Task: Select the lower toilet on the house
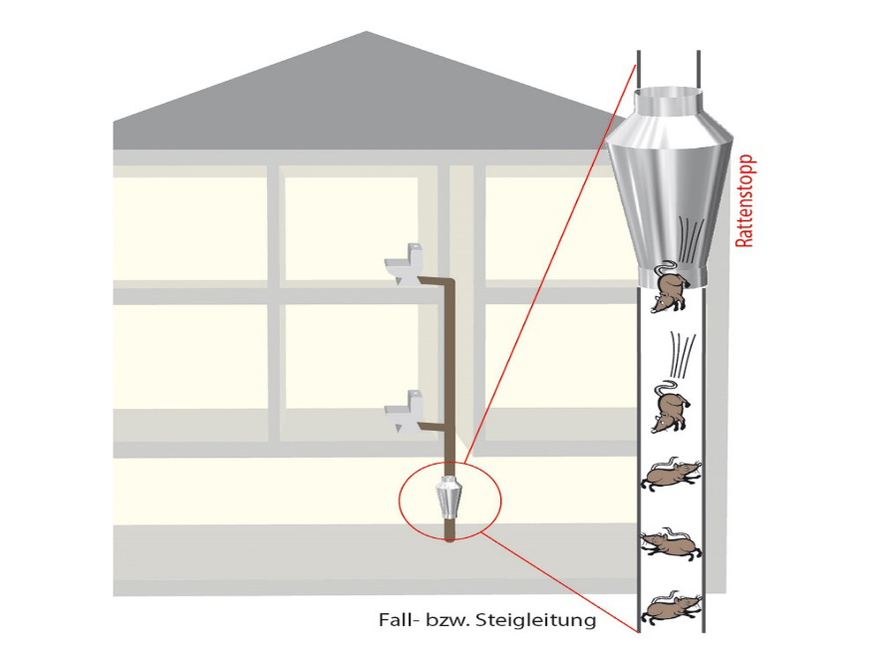403,413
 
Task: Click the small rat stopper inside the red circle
449,499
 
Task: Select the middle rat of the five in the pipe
669,476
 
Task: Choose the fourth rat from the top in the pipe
669,544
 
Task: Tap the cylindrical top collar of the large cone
668,102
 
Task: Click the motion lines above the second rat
681,354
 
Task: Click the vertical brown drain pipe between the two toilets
450,349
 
